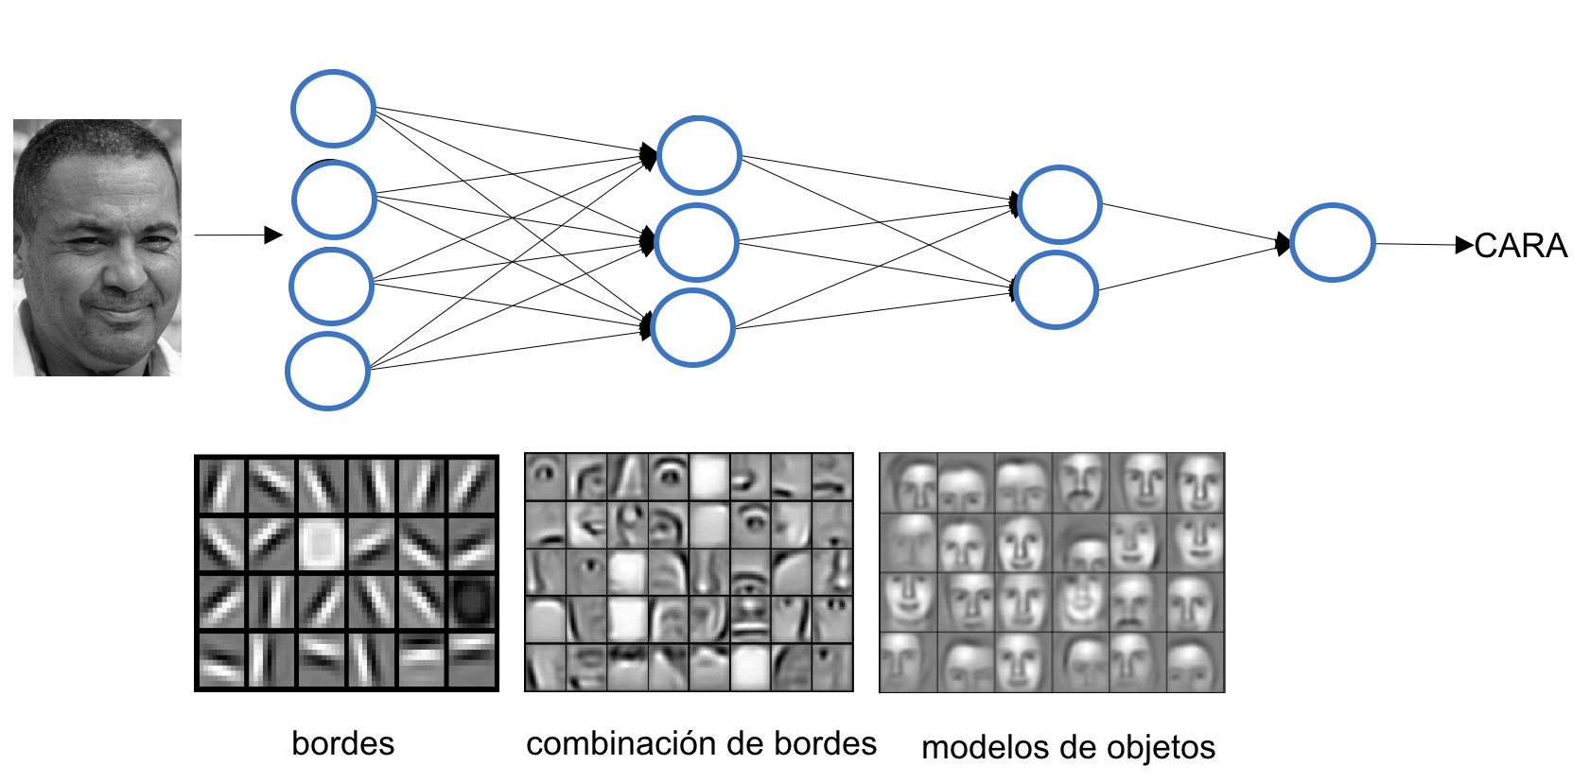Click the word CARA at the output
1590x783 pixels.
click(1520, 246)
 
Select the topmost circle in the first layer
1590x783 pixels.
click(333, 109)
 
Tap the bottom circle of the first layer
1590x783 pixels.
click(327, 371)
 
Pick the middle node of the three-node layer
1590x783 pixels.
click(697, 242)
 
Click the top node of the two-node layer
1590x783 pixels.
click(1059, 204)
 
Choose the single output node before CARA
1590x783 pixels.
click(1332, 242)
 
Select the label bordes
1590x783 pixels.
click(342, 743)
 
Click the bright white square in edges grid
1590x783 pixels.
click(323, 544)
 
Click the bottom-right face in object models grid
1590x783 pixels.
click(1196, 663)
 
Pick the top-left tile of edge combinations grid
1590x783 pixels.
click(546, 476)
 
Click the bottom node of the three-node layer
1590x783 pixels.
click(692, 328)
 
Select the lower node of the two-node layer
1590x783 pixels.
click(1057, 289)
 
